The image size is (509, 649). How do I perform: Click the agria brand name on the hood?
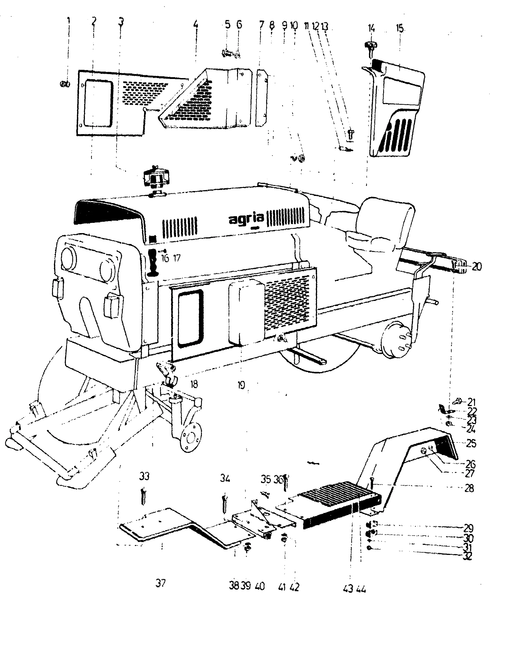coord(246,220)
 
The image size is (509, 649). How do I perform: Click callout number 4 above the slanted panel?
coord(195,24)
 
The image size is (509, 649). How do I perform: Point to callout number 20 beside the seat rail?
coord(477,267)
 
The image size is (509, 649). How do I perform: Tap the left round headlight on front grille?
coord(69,257)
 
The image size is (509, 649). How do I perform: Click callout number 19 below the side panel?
coord(241,385)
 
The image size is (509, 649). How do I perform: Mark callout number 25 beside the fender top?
coord(471,443)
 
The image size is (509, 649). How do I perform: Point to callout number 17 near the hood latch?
coord(177,258)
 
